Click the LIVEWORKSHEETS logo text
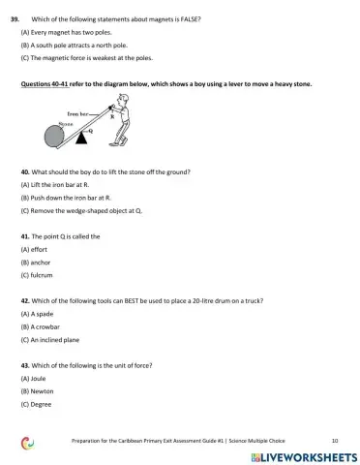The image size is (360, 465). (309, 455)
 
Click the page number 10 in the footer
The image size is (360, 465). (334, 439)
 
